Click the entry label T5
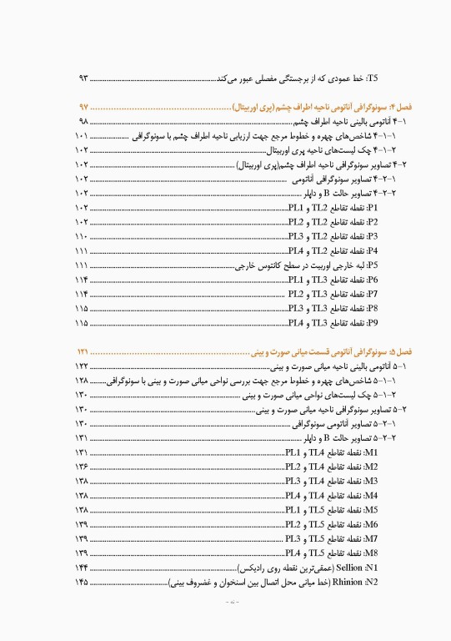(x=372, y=78)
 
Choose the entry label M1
(x=371, y=452)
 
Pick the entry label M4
(x=371, y=495)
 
